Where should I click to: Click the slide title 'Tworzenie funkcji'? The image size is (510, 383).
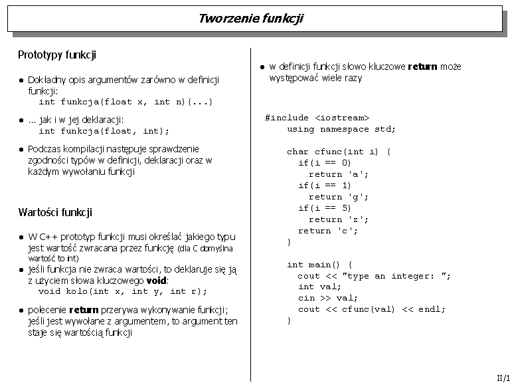click(250, 18)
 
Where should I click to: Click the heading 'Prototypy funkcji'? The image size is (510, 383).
click(57, 55)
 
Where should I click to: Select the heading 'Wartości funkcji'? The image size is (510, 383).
click(55, 213)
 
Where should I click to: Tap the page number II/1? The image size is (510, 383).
click(503, 377)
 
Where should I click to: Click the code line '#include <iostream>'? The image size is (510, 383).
click(317, 118)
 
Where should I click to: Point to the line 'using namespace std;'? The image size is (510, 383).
click(341, 129)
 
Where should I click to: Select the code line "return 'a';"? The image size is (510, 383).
click(339, 174)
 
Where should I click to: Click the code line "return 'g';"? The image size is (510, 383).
click(339, 197)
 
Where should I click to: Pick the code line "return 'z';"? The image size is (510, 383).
click(339, 219)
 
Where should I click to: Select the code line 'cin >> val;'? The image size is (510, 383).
click(328, 298)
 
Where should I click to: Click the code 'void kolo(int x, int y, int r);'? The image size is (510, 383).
click(123, 291)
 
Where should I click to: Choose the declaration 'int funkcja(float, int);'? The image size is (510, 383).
click(104, 131)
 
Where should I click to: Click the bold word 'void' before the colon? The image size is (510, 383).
click(156, 281)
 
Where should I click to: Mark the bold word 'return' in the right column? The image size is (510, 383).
click(422, 66)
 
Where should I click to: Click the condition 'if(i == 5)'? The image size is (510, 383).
click(325, 208)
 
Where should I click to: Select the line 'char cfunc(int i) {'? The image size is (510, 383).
click(339, 152)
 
